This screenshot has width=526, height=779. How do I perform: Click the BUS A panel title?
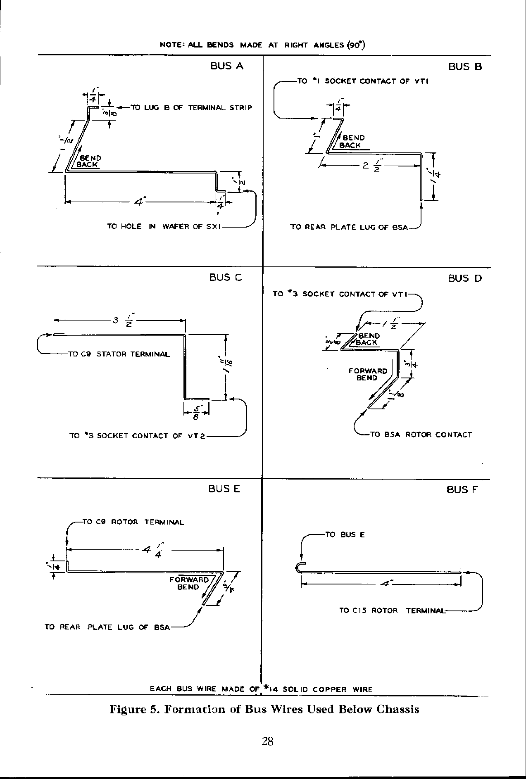(x=226, y=66)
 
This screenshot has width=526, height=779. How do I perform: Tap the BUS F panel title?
(x=462, y=490)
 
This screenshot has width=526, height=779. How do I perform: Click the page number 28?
(x=267, y=741)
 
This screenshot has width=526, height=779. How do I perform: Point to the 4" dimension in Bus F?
(x=387, y=584)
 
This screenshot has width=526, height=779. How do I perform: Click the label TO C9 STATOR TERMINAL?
(x=119, y=354)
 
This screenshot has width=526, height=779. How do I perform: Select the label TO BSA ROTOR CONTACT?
(x=421, y=435)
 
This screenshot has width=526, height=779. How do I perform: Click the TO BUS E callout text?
(x=345, y=534)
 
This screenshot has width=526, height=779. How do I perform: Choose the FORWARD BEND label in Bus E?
(x=189, y=583)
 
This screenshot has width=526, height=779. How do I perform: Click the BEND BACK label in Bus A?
(x=89, y=161)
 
